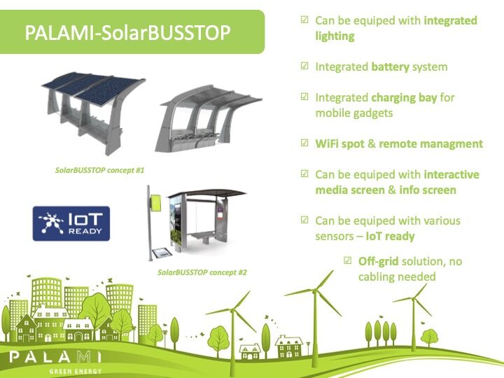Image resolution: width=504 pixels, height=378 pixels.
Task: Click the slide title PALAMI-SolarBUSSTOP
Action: click(127, 32)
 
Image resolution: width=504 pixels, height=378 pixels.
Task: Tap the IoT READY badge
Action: click(71, 223)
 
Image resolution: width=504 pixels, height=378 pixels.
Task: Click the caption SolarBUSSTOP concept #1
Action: click(99, 170)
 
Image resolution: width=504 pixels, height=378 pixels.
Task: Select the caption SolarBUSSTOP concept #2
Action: click(202, 272)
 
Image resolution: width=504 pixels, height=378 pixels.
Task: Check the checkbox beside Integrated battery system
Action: click(304, 66)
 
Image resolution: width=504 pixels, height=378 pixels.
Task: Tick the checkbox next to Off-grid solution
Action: click(347, 260)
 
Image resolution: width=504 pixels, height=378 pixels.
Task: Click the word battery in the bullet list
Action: click(390, 66)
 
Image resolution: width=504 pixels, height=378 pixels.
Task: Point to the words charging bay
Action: click(404, 97)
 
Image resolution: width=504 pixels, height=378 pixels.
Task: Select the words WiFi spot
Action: click(339, 143)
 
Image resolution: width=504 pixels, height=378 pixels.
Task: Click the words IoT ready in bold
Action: click(390, 237)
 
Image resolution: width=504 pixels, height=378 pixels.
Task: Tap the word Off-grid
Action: click(378, 261)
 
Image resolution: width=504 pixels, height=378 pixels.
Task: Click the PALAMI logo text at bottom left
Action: click(55, 357)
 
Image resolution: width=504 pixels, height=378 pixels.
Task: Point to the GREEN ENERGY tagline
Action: click(76, 372)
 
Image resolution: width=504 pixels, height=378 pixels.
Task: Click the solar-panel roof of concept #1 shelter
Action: click(93, 85)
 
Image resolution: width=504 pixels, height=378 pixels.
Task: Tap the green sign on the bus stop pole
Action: click(156, 203)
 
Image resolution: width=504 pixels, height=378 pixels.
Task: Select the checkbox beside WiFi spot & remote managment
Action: click(304, 143)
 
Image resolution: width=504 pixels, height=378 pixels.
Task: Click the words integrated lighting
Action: click(396, 28)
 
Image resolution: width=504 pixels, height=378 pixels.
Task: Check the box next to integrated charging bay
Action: click(304, 97)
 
